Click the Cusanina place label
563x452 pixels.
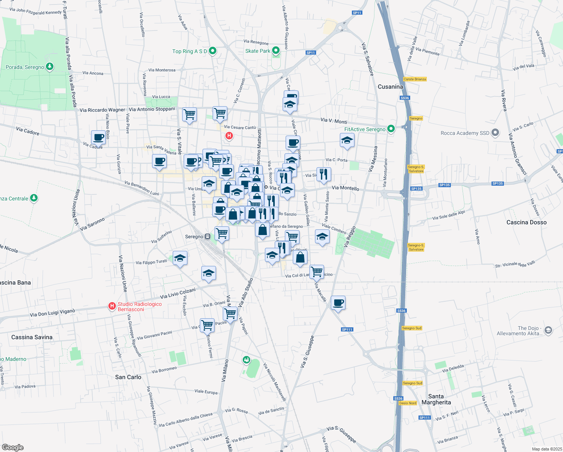(390, 87)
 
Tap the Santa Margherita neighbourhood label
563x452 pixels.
(436, 399)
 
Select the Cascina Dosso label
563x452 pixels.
(526, 222)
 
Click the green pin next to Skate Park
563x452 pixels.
(276, 50)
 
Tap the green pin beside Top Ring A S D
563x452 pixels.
(213, 51)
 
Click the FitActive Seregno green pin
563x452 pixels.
(391, 129)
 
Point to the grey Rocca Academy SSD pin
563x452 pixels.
(496, 133)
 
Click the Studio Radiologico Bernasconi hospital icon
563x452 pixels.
(112, 306)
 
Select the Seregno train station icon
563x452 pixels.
(207, 237)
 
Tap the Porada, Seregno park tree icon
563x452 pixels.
(49, 67)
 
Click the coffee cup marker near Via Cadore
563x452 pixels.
(98, 137)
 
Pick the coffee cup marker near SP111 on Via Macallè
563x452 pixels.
(338, 302)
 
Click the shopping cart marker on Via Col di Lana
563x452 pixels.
(317, 272)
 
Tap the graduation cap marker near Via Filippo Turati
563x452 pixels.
(180, 258)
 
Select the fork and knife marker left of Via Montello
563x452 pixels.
(324, 174)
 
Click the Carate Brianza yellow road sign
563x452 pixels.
(415, 79)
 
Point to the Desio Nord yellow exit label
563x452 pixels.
(408, 403)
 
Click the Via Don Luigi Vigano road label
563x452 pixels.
(52, 313)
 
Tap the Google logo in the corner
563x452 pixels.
(12, 447)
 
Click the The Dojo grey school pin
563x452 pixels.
(548, 330)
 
